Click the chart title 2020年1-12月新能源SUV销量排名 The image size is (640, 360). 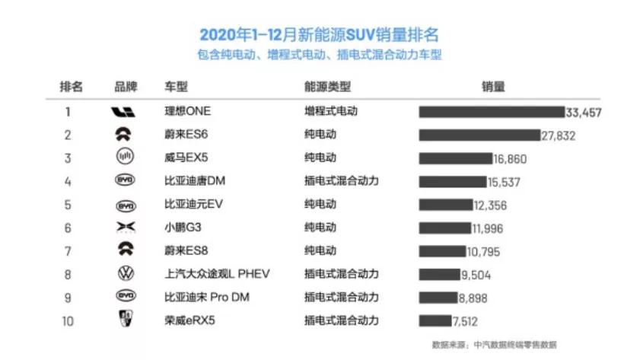pyautogui.click(x=320, y=35)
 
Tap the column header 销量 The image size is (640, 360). pyautogui.click(x=493, y=86)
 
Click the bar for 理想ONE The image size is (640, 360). pyautogui.click(x=491, y=112)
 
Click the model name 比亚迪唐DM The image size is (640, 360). pyautogui.click(x=195, y=182)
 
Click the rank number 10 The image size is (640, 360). pyautogui.click(x=68, y=320)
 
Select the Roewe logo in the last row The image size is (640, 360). pyautogui.click(x=125, y=320)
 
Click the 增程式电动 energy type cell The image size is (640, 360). pyautogui.click(x=331, y=111)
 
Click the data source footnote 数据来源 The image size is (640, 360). pyautogui.click(x=494, y=344)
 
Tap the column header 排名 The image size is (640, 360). pyautogui.click(x=71, y=86)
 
